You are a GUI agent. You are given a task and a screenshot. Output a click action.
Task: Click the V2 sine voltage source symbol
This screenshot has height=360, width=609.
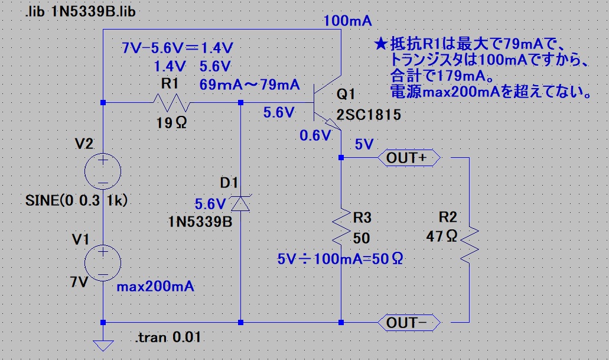pos(103,172)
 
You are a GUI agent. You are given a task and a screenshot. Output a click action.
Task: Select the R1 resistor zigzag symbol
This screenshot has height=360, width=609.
pos(171,103)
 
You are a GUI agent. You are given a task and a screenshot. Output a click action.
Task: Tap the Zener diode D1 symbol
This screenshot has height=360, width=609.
pos(241,204)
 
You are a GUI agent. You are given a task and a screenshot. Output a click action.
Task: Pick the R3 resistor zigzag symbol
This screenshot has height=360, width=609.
pos(341,228)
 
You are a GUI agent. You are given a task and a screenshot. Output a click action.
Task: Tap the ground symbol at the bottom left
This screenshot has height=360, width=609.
pos(103,344)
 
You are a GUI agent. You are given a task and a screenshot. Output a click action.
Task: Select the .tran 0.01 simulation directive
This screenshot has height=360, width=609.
pos(168,339)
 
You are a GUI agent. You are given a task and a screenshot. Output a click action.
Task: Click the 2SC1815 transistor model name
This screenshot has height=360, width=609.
pos(369,116)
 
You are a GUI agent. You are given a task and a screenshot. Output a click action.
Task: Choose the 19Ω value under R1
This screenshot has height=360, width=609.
pos(171,123)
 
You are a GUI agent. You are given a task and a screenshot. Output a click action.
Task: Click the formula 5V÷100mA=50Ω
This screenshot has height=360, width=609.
pos(340,258)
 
